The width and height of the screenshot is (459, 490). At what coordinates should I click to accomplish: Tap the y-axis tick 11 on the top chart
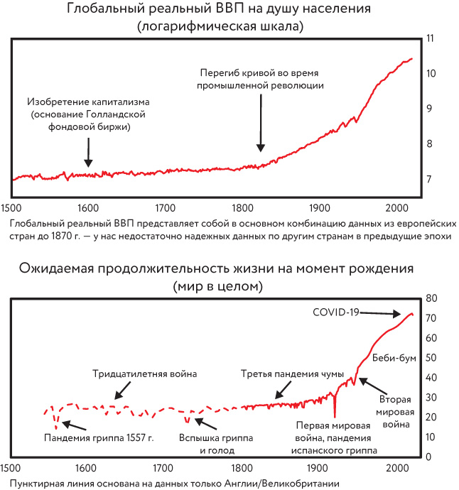coord(428,38)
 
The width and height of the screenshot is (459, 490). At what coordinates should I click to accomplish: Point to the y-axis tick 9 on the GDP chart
coord(429,109)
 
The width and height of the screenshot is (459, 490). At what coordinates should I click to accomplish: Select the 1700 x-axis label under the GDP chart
coord(165,208)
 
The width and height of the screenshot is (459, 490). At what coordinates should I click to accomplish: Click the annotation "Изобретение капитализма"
coord(88,102)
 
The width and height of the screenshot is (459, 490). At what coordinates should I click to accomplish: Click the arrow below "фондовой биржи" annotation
coord(88,151)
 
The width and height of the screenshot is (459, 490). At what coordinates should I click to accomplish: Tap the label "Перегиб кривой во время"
coord(261,72)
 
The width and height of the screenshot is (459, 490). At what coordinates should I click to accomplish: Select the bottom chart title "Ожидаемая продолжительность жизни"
coord(220,270)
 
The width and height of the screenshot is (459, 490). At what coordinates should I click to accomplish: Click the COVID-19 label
coord(337,312)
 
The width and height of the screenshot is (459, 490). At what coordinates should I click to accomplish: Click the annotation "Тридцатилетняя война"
coord(144,373)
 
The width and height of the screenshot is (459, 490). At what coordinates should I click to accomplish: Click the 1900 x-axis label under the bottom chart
coord(321,468)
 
